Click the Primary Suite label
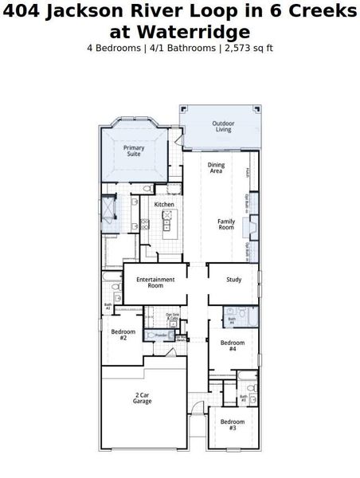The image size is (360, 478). pos(133,151)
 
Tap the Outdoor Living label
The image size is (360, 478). pos(222,126)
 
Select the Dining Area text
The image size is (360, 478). pos(216,168)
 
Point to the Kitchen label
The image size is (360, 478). pos(164,205)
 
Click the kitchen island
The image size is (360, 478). pos(167,225)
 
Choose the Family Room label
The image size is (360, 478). pos(227,225)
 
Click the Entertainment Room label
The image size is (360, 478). pos(155,282)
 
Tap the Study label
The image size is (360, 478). pos(233,280)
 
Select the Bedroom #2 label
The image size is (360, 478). pos(123,334)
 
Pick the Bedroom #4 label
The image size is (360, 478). pos(233,345)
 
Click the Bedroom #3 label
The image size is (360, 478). pos(233,424)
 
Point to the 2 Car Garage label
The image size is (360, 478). pos(143,398)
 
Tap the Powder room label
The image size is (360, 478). pos(160,335)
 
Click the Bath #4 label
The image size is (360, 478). pos(232,321)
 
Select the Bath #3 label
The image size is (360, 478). pos(244,398)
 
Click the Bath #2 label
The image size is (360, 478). pos(108,305)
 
